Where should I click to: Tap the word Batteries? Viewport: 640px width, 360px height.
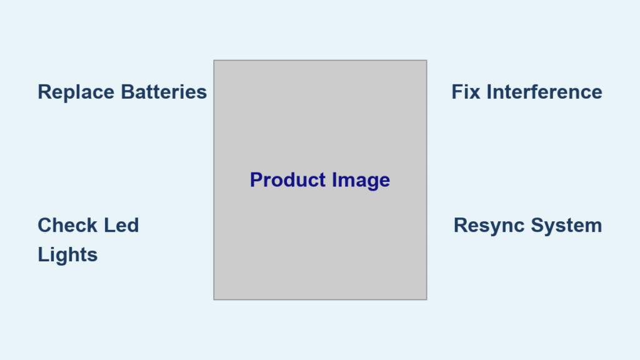click(x=164, y=92)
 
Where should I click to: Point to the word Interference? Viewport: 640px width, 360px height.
click(x=544, y=92)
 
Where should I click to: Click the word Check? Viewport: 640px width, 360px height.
click(x=67, y=225)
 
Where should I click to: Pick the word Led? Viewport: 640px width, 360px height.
click(x=121, y=225)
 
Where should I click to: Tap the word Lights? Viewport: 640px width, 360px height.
click(x=67, y=256)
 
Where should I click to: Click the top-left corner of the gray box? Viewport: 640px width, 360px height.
click(x=214, y=61)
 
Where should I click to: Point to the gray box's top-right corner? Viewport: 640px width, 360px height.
click(x=426, y=61)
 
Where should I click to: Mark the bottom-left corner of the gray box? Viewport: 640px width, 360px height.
click(x=214, y=299)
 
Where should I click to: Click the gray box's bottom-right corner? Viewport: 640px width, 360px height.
click(x=426, y=299)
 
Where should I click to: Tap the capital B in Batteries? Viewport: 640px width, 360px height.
click(x=128, y=92)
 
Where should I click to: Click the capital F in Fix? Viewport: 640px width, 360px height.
click(x=457, y=92)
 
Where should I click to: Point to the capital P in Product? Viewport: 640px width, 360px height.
click(x=257, y=180)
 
